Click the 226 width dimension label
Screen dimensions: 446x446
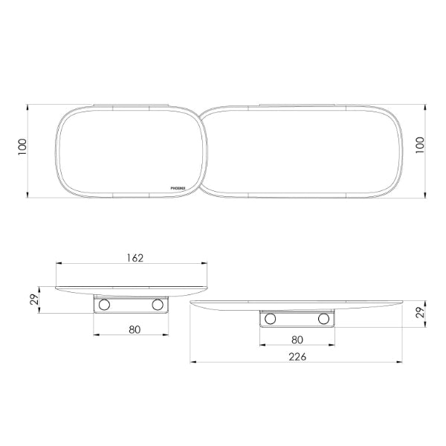[297, 356]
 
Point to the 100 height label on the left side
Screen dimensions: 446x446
[23, 152]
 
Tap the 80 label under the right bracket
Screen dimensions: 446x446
[297, 339]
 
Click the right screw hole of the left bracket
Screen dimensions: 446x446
[158, 305]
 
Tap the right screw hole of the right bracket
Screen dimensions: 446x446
[323, 319]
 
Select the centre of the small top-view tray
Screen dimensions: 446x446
[128, 152]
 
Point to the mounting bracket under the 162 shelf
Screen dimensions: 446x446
[132, 305]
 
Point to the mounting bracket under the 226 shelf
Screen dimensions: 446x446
[297, 319]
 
